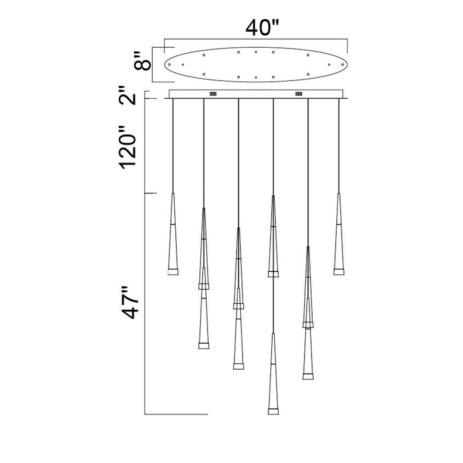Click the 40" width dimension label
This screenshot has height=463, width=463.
(262, 28)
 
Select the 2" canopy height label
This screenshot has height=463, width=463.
(128, 96)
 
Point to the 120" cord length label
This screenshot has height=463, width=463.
(128, 147)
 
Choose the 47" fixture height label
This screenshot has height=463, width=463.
(129, 302)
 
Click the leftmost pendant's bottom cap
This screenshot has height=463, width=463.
(173, 272)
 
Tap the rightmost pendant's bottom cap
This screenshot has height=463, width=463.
(339, 272)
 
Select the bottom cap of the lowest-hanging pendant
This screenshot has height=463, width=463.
(273, 411)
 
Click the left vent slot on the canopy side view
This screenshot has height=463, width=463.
(213, 94)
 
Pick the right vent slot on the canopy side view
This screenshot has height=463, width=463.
(298, 94)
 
